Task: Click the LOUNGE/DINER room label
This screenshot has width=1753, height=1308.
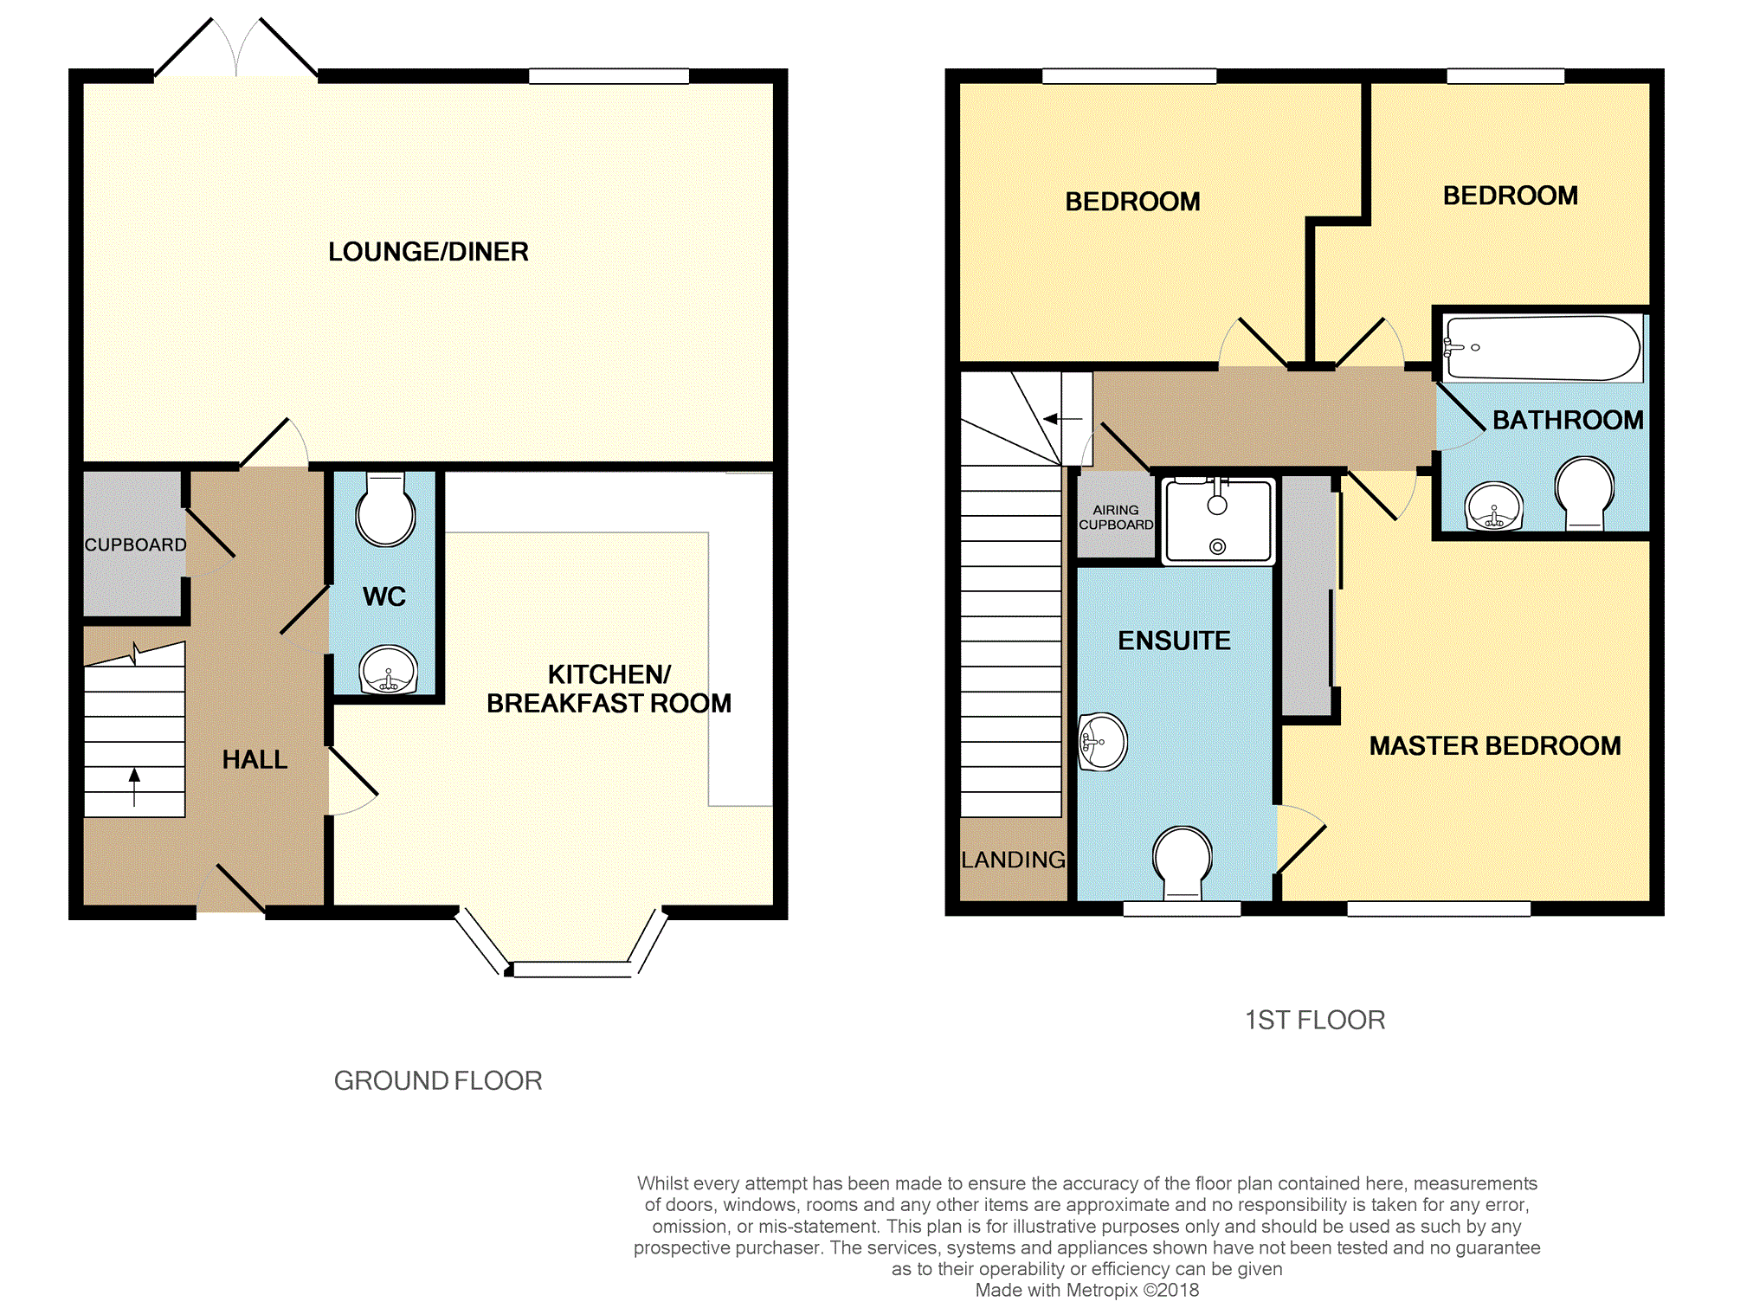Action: [x=428, y=252]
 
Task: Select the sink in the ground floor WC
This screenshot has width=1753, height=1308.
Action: [x=390, y=669]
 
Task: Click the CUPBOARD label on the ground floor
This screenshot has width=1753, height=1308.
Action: [x=135, y=544]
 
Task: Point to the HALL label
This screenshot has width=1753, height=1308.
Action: [x=255, y=759]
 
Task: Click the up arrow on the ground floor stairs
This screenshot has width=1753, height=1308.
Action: [x=134, y=786]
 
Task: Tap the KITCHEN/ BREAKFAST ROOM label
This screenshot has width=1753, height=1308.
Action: [x=609, y=689]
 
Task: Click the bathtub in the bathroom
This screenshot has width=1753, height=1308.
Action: [x=1543, y=348]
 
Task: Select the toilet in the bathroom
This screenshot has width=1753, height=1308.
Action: [x=1584, y=493]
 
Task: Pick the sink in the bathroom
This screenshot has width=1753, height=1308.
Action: [x=1493, y=506]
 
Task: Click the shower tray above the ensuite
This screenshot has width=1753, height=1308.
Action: [x=1217, y=520]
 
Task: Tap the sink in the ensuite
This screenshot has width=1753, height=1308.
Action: [x=1103, y=742]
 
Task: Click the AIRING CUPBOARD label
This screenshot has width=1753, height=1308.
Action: [x=1116, y=518]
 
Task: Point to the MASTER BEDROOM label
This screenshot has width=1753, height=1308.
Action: [x=1495, y=745]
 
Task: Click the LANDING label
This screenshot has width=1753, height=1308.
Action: [x=1013, y=860]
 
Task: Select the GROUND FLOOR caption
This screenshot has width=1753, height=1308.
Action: [x=438, y=1080]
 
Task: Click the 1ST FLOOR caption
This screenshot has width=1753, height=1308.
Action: [x=1315, y=1020]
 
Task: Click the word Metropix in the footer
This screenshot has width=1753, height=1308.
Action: [x=1102, y=1290]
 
